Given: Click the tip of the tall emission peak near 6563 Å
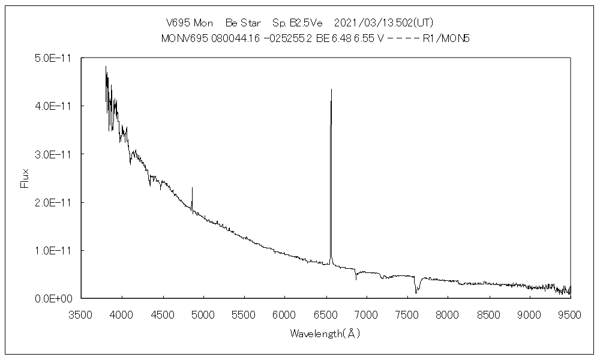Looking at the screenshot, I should tap(331, 89).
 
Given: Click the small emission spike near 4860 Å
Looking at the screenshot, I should tap(192, 188).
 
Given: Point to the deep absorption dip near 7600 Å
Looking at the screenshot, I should tap(416, 292).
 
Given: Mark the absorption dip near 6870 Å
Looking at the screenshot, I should tap(356, 279).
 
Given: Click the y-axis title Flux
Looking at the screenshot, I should tap(25, 178).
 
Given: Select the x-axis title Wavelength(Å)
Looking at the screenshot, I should tap(325, 333).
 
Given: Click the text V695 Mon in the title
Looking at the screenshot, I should tap(189, 23).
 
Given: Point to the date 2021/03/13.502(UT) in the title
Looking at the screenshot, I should tap(383, 23).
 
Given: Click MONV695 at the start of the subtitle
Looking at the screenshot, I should tap(185, 38).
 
